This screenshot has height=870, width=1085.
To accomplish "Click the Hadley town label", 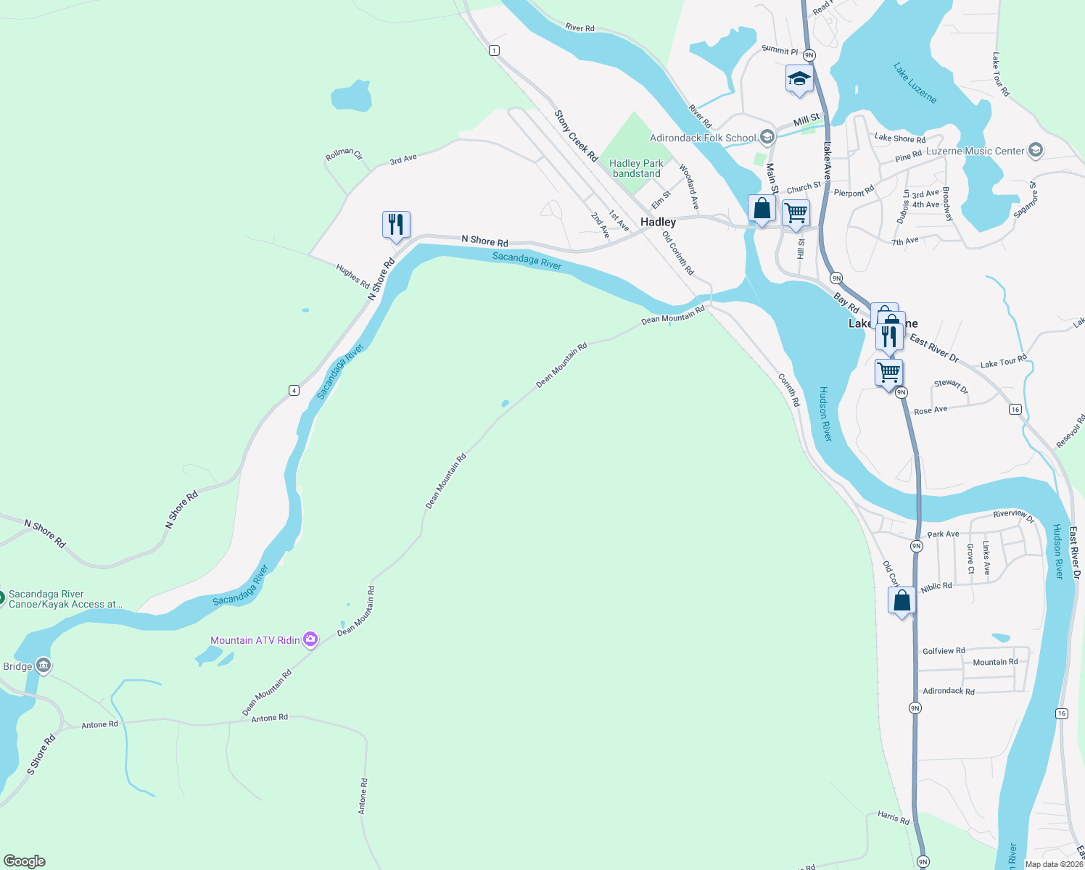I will click(x=658, y=222).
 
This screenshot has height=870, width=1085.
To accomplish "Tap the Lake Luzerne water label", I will click(x=915, y=83).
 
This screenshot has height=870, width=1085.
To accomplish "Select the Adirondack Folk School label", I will click(x=702, y=138).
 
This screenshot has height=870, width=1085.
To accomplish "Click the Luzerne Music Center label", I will click(x=975, y=151).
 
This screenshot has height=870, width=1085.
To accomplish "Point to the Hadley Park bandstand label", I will click(x=636, y=168).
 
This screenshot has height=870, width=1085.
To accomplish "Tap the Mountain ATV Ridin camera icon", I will click(x=310, y=639).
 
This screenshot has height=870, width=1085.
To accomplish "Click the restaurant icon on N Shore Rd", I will click(x=396, y=224).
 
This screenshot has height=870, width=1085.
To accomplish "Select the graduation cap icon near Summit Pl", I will click(x=799, y=79).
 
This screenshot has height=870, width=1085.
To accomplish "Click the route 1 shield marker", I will click(x=494, y=50).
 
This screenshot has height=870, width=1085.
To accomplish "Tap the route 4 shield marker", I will click(x=294, y=390).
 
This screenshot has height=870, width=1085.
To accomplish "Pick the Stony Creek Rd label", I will click(x=576, y=136).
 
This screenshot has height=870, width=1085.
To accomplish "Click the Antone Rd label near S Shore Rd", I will click(x=100, y=724).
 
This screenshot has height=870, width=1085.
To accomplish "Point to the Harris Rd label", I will click(x=893, y=818).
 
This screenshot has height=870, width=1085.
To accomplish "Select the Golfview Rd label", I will click(x=944, y=651).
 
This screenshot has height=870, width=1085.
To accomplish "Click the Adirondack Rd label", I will click(x=949, y=691).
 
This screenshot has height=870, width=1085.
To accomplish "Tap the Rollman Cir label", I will click(x=344, y=154).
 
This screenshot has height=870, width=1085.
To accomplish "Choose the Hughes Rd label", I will click(x=352, y=276).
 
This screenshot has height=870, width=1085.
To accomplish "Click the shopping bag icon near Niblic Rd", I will click(x=902, y=601).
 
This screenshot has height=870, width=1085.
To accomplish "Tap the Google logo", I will click(x=25, y=861).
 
